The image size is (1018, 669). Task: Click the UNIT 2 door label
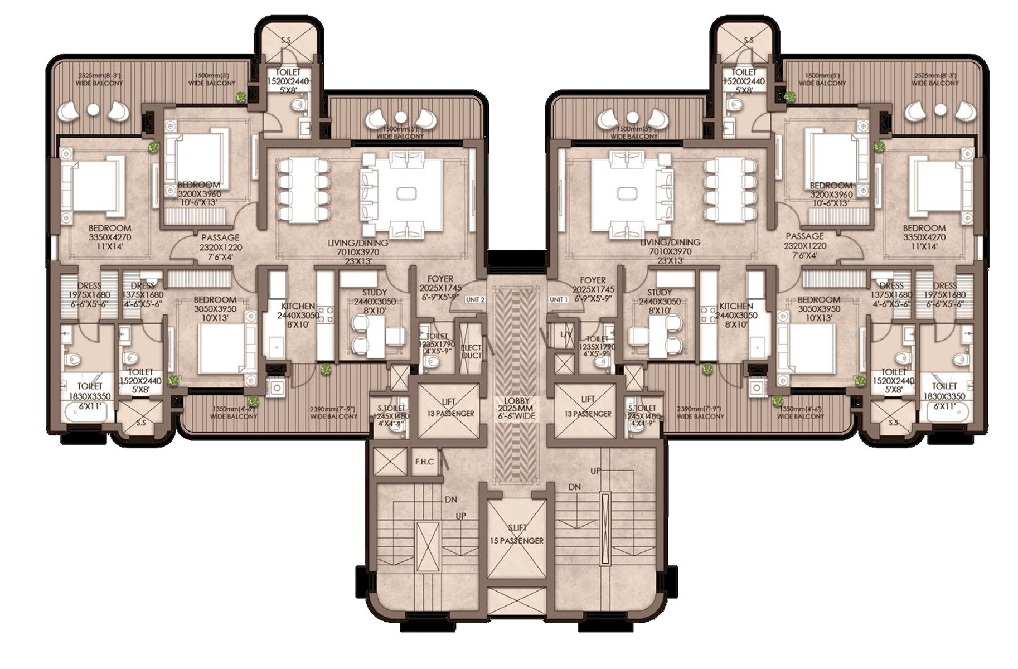(x=475, y=300)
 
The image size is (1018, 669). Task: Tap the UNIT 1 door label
(x=558, y=300)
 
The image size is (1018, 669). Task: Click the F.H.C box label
(x=424, y=462)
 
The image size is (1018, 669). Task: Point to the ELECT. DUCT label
(x=471, y=351)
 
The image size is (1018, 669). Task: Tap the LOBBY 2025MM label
(x=517, y=409)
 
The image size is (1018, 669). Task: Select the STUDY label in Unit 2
(x=374, y=292)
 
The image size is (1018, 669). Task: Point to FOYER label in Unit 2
(x=440, y=279)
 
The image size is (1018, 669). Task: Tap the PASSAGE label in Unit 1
(x=804, y=236)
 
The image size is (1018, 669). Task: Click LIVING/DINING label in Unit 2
(x=357, y=243)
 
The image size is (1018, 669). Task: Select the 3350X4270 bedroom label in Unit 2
(x=110, y=237)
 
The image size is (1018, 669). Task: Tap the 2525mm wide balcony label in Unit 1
(x=935, y=79)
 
